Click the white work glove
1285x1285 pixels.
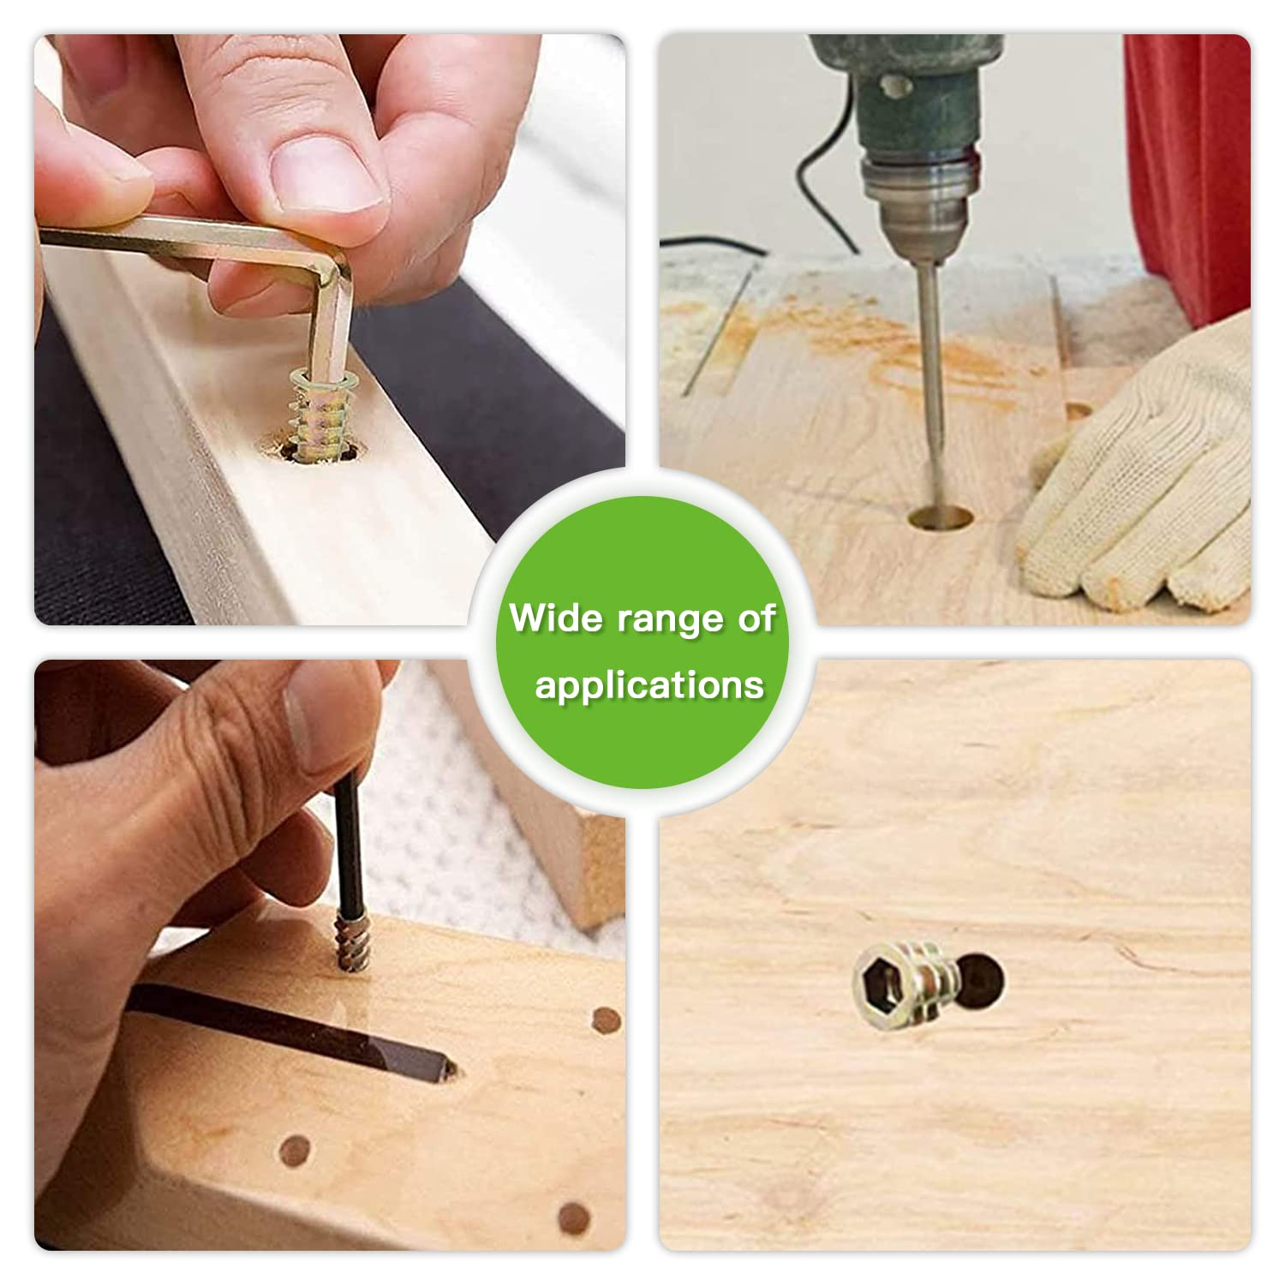(x=1139, y=480)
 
